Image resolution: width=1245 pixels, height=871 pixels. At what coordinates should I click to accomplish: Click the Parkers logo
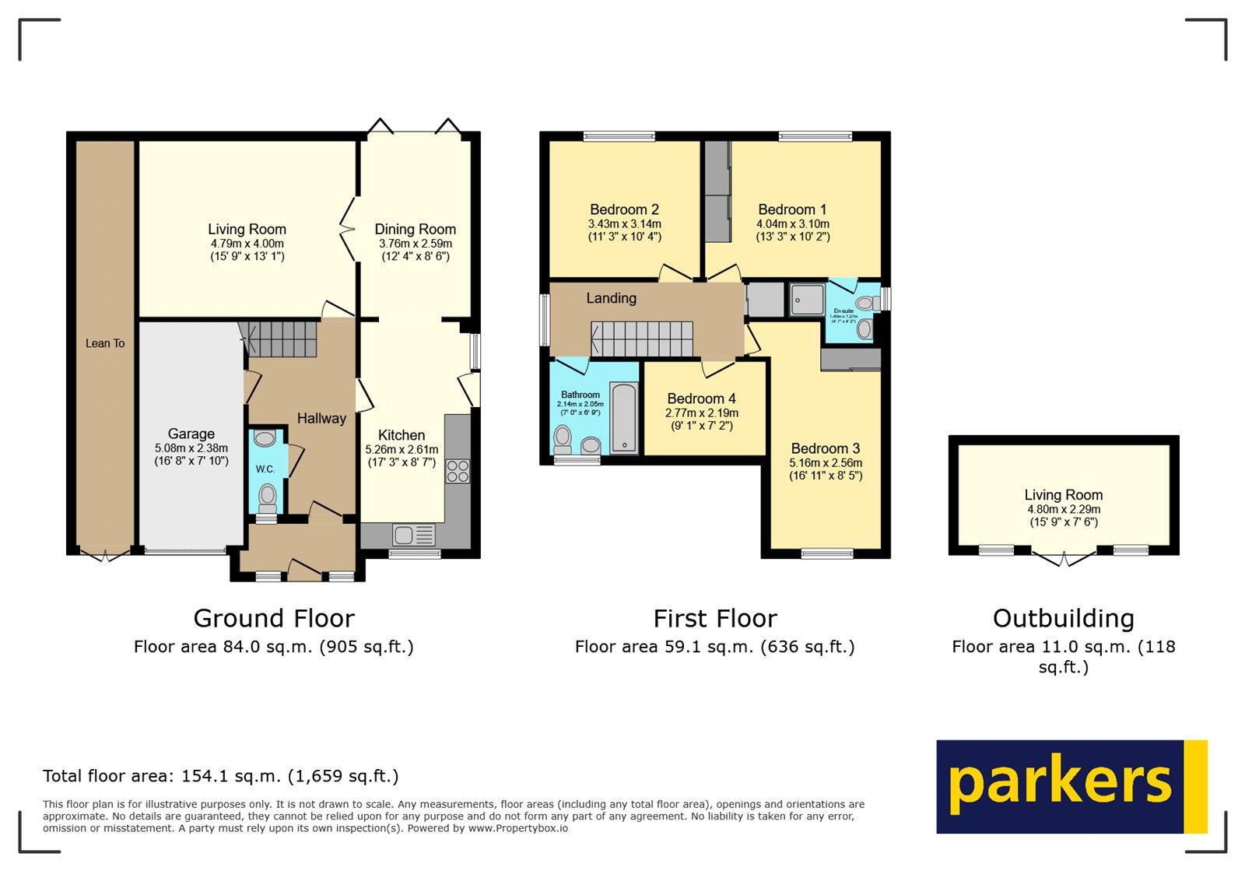pyautogui.click(x=1071, y=786)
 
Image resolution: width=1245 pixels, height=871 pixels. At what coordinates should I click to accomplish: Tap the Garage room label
pyautogui.click(x=191, y=434)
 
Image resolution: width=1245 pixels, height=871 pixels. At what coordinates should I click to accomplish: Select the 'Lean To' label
pyautogui.click(x=105, y=343)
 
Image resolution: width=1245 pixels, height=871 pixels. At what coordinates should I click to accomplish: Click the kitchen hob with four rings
pyautogui.click(x=458, y=471)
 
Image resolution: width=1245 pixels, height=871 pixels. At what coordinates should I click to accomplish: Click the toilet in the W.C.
pyautogui.click(x=267, y=495)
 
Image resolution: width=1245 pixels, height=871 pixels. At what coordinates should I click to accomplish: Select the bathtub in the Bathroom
pyautogui.click(x=623, y=418)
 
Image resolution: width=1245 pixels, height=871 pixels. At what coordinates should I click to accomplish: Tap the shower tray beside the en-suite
pyautogui.click(x=806, y=300)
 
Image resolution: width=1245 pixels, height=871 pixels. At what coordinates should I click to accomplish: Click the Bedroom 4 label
pyautogui.click(x=701, y=399)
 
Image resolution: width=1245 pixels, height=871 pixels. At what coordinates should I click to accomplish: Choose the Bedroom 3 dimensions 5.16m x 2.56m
pyautogui.click(x=826, y=463)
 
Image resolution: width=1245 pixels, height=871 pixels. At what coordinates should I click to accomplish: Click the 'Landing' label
pyautogui.click(x=611, y=298)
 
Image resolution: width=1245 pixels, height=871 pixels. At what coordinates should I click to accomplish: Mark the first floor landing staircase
pyautogui.click(x=643, y=339)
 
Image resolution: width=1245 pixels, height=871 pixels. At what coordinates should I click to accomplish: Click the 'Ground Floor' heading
pyautogui.click(x=274, y=618)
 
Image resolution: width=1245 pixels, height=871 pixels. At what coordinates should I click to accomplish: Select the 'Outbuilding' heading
pyautogui.click(x=1063, y=618)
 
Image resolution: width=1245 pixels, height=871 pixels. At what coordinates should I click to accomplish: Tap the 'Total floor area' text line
pyautogui.click(x=220, y=776)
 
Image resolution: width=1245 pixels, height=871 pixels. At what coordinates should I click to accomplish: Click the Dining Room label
pyautogui.click(x=415, y=230)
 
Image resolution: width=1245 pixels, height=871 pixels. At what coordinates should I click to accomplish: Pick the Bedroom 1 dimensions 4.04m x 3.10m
pyautogui.click(x=792, y=224)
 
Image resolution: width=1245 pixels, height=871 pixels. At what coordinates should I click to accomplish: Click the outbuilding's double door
pyautogui.click(x=1063, y=557)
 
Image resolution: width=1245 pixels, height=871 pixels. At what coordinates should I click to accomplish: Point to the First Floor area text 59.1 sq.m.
pyautogui.click(x=714, y=647)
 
